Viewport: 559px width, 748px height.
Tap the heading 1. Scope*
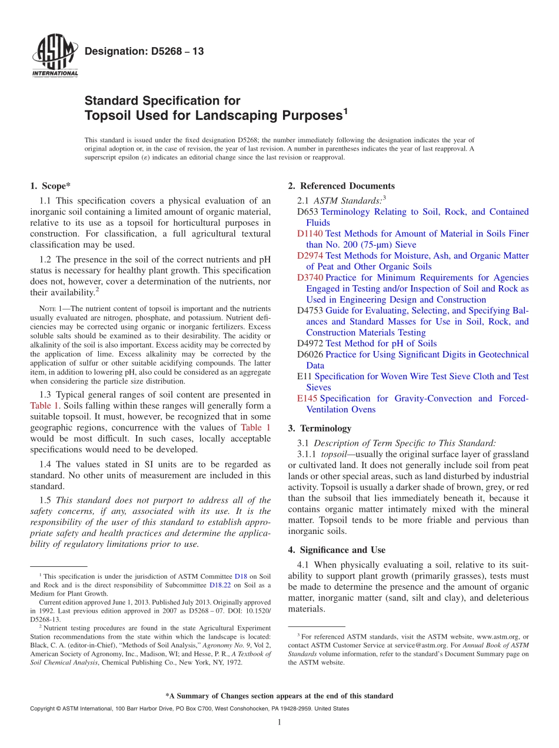click(x=51, y=186)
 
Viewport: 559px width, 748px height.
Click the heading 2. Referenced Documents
click(x=341, y=186)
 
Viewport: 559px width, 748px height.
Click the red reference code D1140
click(x=310, y=233)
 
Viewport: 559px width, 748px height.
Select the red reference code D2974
click(x=310, y=256)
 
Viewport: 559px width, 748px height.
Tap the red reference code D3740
click(x=310, y=278)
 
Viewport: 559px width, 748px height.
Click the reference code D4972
click(x=310, y=343)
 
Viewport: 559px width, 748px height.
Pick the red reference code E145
click(x=307, y=398)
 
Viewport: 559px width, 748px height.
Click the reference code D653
click(x=308, y=212)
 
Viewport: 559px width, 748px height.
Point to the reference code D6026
click(x=310, y=355)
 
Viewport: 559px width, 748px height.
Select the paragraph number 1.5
click(x=46, y=500)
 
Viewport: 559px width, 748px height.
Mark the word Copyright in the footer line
click(x=44, y=709)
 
